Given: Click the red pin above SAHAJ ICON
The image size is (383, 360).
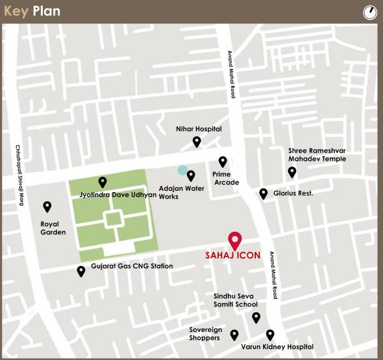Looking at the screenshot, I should [x=235, y=240].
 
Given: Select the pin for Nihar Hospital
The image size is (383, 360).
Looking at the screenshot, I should [x=197, y=141].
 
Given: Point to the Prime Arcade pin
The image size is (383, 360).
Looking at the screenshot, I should [x=223, y=161].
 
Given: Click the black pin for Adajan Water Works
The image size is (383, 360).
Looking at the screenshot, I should [x=191, y=175].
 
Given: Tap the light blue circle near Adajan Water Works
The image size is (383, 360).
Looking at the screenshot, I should [x=183, y=170].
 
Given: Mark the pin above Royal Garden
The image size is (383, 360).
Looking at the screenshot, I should [x=47, y=206].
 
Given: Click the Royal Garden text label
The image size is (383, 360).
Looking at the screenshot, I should [x=53, y=228].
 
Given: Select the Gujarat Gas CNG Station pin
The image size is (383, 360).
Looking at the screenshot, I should [x=81, y=271].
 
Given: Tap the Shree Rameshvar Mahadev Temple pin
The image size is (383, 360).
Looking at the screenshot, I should [x=292, y=171].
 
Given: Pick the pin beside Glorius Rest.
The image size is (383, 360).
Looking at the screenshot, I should [x=263, y=193].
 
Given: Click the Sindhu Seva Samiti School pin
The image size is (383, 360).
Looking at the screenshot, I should [x=256, y=317].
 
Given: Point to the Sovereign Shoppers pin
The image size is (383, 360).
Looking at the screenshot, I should [x=234, y=334].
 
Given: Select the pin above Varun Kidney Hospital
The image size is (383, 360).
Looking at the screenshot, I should [x=270, y=334].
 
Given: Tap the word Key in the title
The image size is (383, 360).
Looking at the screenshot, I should [x=16, y=11].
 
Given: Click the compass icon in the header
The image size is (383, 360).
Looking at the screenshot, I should [x=370, y=11].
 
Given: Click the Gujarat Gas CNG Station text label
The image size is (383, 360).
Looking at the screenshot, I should [x=131, y=266].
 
